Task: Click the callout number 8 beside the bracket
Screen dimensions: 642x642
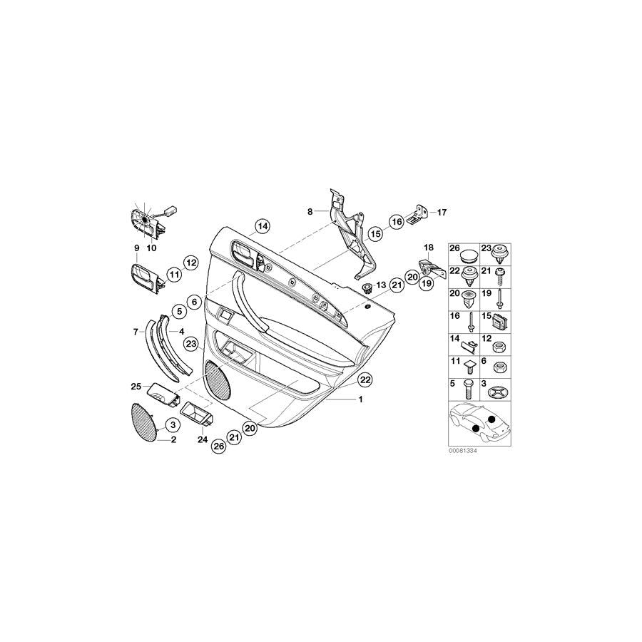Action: [310, 212]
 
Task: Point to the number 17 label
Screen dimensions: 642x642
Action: [442, 213]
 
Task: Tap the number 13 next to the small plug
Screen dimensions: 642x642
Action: [381, 285]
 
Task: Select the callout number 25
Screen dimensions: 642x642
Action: [136, 386]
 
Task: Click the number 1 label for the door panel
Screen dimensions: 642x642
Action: [360, 399]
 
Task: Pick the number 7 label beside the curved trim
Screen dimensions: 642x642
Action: [136, 332]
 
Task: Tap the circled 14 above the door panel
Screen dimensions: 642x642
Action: [263, 226]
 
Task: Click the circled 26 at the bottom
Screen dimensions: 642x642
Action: [219, 446]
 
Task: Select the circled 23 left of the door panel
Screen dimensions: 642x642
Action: [191, 344]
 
